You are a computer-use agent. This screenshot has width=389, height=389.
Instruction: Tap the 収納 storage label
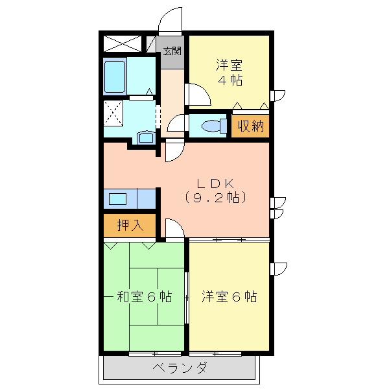(250, 126)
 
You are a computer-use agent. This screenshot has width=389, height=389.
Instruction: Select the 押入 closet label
(129, 225)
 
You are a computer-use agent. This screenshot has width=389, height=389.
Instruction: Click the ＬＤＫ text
(215, 183)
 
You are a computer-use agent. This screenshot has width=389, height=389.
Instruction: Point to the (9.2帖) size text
(215, 198)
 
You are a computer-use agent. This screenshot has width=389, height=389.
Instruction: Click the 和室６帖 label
(144, 297)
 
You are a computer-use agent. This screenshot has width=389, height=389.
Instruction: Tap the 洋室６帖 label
(228, 297)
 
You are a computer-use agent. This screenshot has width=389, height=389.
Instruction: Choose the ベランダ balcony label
(180, 368)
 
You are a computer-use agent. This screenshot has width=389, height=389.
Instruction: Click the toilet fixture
(211, 126)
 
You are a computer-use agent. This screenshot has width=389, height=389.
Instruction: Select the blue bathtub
(115, 77)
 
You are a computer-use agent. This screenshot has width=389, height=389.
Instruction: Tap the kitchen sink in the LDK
(119, 198)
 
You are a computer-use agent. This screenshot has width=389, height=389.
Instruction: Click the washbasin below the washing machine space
(145, 137)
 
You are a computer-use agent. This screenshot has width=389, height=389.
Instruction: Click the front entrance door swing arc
(170, 19)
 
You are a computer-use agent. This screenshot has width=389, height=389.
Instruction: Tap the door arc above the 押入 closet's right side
(174, 228)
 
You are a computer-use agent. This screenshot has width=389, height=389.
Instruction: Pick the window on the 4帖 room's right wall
(277, 95)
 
